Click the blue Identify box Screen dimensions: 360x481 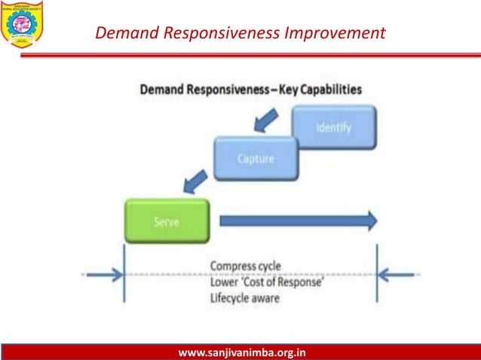pos(333,127)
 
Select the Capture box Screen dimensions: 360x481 pos(256,159)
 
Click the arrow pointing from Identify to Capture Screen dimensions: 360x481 pos(265,118)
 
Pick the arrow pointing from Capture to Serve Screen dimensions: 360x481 pos(195,181)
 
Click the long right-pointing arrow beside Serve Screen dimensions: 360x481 pos(299,221)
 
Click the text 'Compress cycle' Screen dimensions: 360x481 pos(246,266)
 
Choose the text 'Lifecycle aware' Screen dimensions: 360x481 pos(246,297)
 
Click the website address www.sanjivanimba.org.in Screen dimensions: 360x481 pos(241,352)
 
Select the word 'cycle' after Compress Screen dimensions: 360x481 pos(268,266)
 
